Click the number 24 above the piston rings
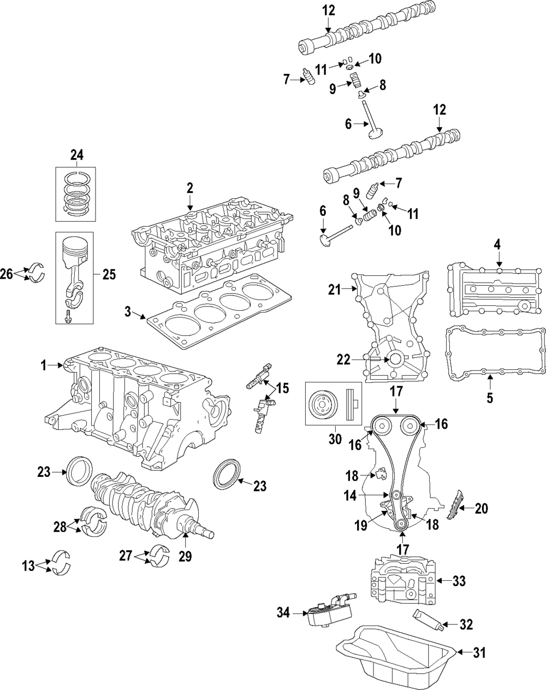pyautogui.click(x=76, y=155)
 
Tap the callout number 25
pyautogui.click(x=109, y=274)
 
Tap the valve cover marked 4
pyautogui.click(x=494, y=290)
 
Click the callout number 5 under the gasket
pyautogui.click(x=490, y=398)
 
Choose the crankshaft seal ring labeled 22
pyautogui.click(x=393, y=359)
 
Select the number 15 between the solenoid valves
pyautogui.click(x=282, y=388)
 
